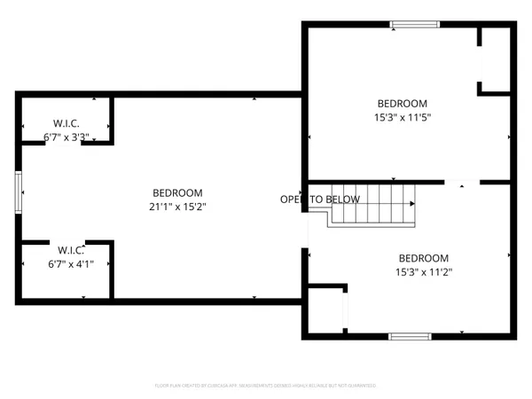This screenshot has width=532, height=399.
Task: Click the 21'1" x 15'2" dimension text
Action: pyautogui.click(x=177, y=207)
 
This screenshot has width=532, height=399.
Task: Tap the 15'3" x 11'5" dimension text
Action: pyautogui.click(x=403, y=117)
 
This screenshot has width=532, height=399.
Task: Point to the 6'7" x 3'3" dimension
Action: pyautogui.click(x=66, y=137)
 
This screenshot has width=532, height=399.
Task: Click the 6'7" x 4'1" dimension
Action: pyautogui.click(x=69, y=264)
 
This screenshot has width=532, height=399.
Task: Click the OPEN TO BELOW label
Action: pyautogui.click(x=320, y=199)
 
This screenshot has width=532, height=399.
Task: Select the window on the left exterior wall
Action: pyautogui.click(x=19, y=192)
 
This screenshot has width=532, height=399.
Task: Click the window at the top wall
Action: pyautogui.click(x=414, y=25)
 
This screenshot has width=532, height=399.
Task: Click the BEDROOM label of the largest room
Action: pyautogui.click(x=177, y=192)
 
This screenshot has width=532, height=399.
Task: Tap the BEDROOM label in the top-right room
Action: pyautogui.click(x=403, y=103)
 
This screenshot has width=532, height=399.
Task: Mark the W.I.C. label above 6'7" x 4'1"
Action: pyautogui.click(x=69, y=249)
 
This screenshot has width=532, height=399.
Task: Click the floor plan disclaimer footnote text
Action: pyautogui.click(x=266, y=386)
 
